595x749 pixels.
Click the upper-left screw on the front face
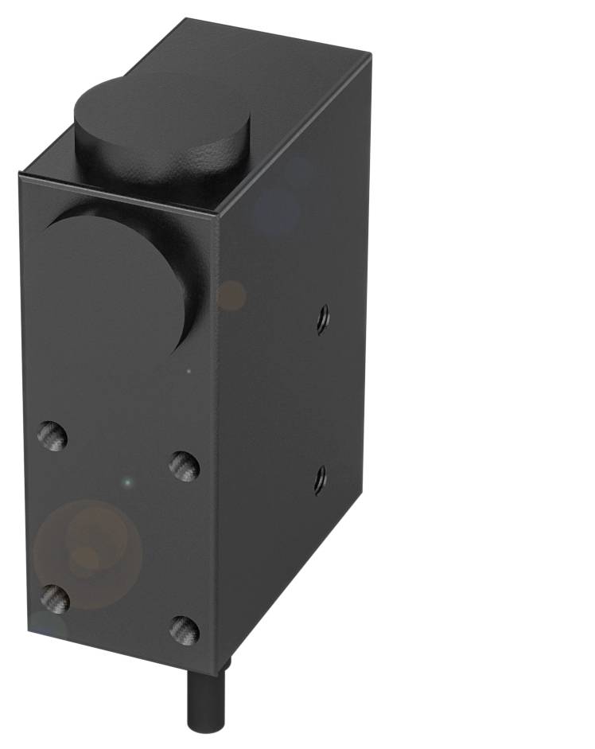coord(52,436)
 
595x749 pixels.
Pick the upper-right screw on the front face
coord(184,466)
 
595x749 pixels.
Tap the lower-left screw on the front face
coord(54,598)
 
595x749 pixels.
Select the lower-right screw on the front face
coord(184,630)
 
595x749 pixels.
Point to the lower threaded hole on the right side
coord(319,479)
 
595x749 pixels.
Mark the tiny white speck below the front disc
coord(189,370)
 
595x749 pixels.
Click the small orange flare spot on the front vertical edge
coord(232,295)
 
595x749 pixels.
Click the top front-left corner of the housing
coord(20,174)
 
